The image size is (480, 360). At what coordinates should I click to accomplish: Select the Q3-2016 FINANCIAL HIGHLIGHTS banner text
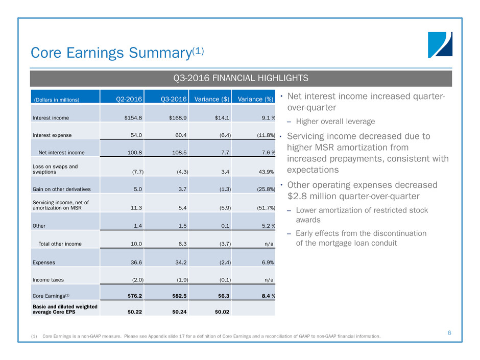click(241, 79)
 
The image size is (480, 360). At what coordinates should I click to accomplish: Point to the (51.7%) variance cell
click(263, 208)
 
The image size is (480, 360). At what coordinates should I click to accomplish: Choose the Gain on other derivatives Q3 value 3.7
click(183, 189)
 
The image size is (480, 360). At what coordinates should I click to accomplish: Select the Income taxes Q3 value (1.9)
click(180, 280)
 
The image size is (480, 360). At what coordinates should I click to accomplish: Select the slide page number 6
click(449, 333)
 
